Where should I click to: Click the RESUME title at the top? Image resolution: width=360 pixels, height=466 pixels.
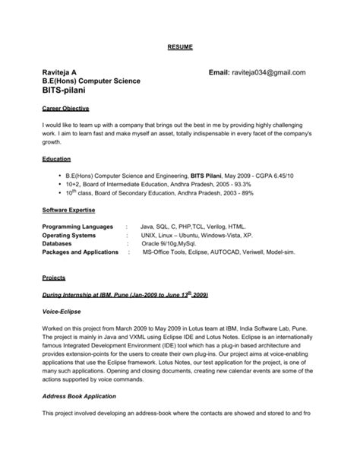[180, 47]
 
